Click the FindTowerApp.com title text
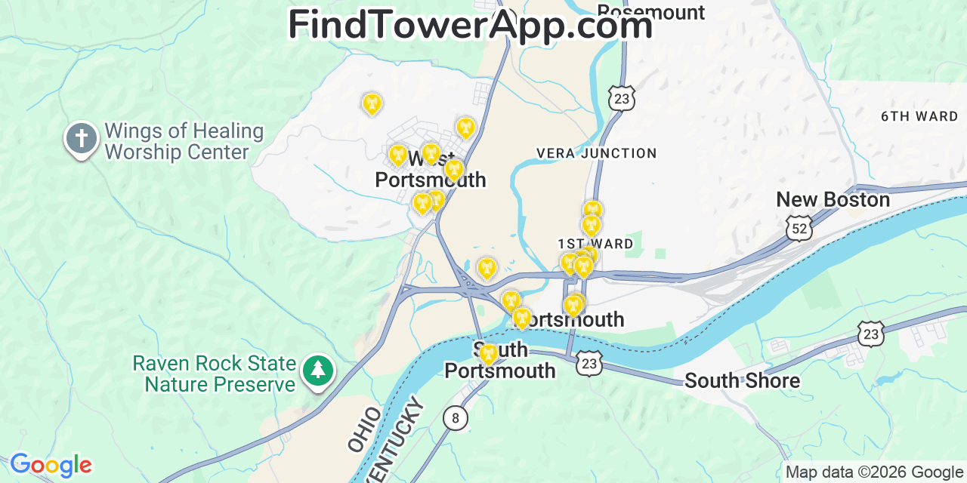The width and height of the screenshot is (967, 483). (470, 25)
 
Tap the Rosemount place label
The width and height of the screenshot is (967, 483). (650, 12)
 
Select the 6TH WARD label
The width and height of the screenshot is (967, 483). (919, 116)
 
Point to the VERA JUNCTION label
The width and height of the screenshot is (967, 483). (596, 153)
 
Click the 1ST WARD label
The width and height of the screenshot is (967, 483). (595, 244)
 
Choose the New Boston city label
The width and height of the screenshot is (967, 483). (833, 200)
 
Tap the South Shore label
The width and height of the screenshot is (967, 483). (742, 380)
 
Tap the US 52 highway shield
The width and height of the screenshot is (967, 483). (799, 227)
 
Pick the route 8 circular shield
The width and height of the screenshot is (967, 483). (455, 417)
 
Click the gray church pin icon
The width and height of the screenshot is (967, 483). (82, 139)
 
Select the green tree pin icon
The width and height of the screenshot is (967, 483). (318, 371)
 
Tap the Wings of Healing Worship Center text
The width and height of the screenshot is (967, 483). (184, 142)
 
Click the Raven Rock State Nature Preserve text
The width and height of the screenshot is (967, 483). (214, 374)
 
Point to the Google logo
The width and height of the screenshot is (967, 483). (50, 465)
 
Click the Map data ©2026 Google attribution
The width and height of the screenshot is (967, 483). (874, 472)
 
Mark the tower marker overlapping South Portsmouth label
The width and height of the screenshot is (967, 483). (488, 353)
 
